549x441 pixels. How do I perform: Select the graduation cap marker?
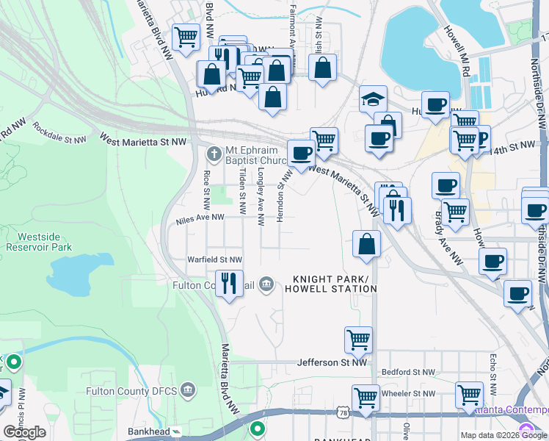(373, 99)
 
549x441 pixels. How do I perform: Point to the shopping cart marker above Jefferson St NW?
(358, 340)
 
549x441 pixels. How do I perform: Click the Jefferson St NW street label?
(331, 362)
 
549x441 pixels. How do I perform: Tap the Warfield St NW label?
(214, 259)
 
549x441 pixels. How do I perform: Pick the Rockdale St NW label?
(60, 133)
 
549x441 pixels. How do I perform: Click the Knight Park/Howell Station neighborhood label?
(335, 284)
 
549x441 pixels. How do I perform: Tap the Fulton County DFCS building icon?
(189, 388)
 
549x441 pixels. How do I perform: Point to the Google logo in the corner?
(24, 432)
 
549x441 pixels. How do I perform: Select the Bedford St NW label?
(407, 373)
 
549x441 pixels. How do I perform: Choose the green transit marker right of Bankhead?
(257, 429)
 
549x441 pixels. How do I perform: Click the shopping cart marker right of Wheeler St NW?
(469, 395)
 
